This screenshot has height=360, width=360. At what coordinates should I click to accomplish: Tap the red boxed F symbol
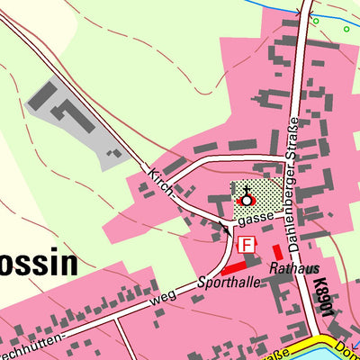click(x=244, y=243)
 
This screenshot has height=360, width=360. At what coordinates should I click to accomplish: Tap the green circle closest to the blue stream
click(x=315, y=20)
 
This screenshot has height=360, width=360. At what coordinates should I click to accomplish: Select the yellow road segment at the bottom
click(x=274, y=353)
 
